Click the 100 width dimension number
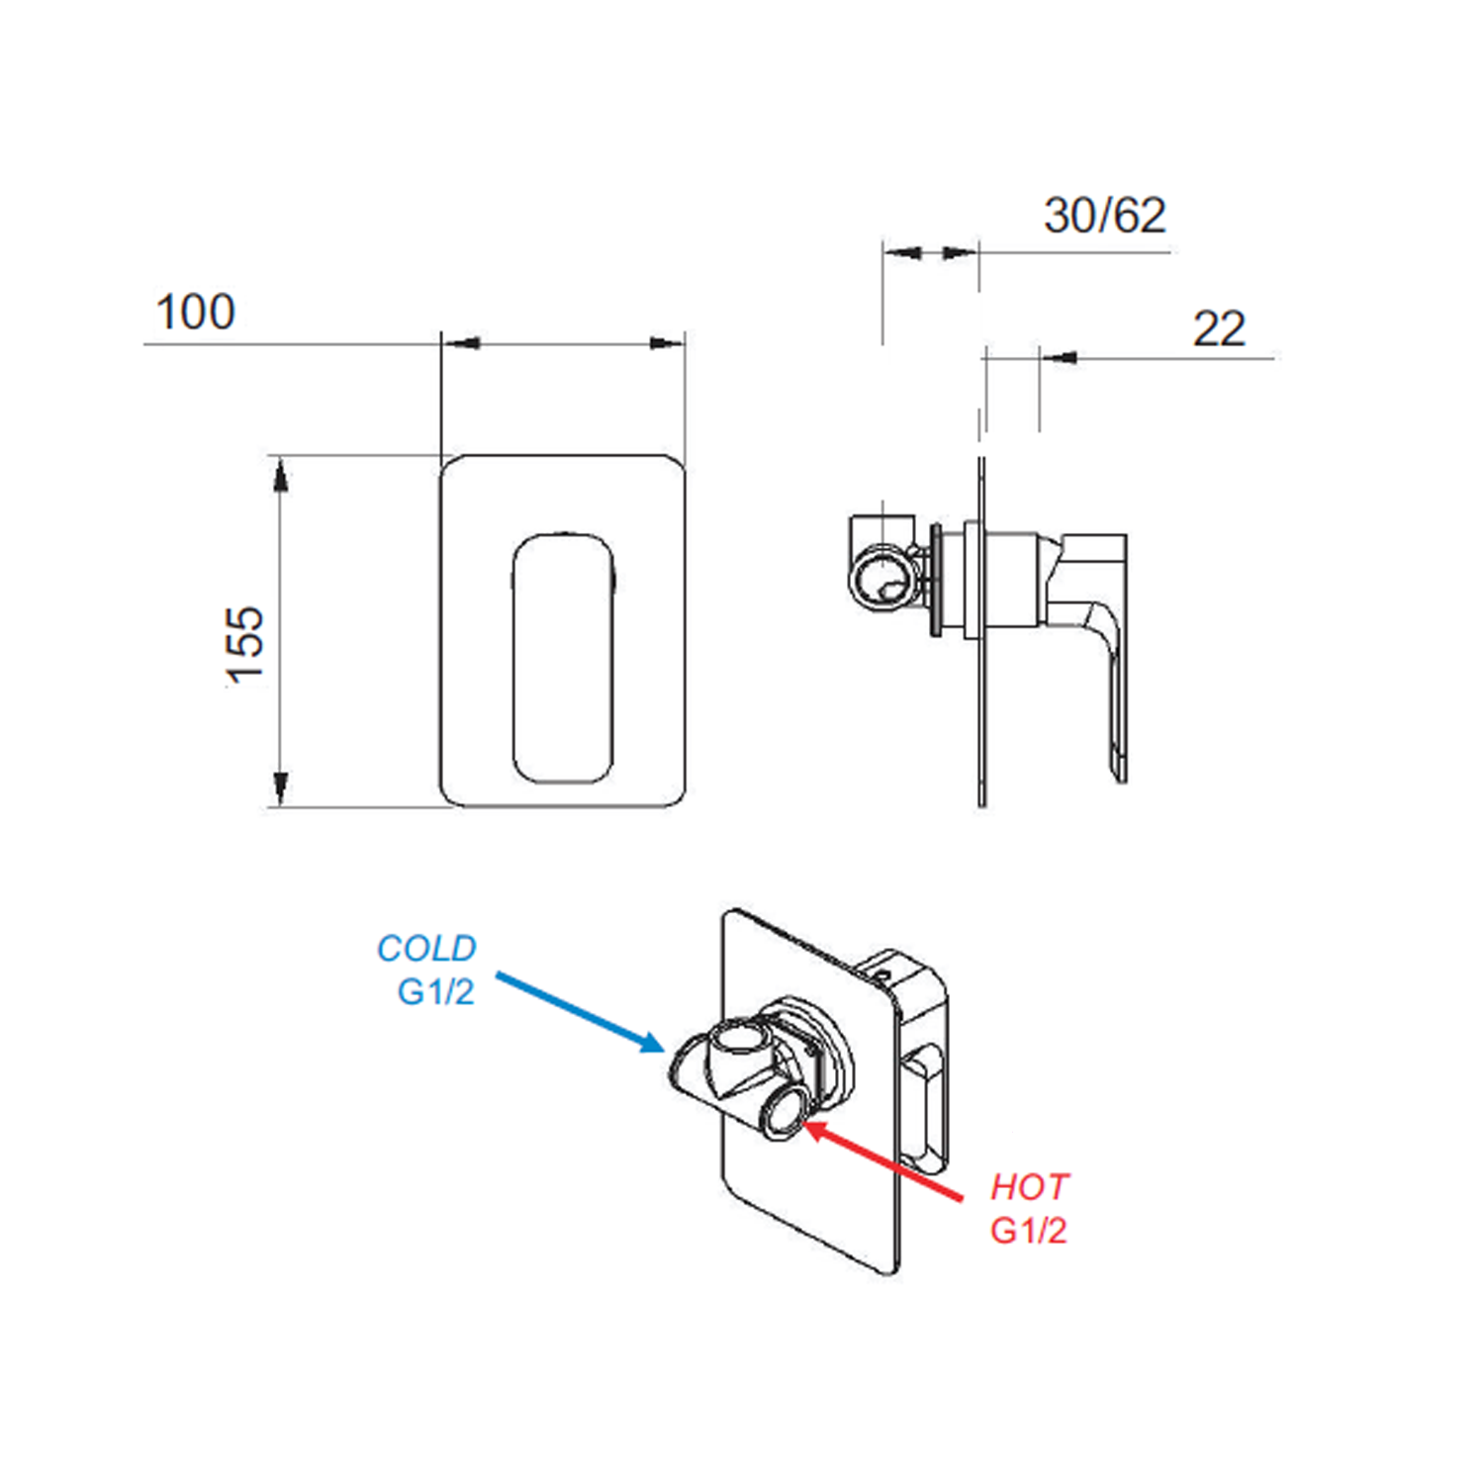(196, 312)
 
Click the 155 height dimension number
(245, 645)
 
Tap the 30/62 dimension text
(1105, 216)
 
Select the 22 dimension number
(1219, 328)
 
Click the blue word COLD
(426, 948)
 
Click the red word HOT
(1030, 1186)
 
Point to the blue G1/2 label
(435, 991)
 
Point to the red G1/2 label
(1029, 1231)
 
